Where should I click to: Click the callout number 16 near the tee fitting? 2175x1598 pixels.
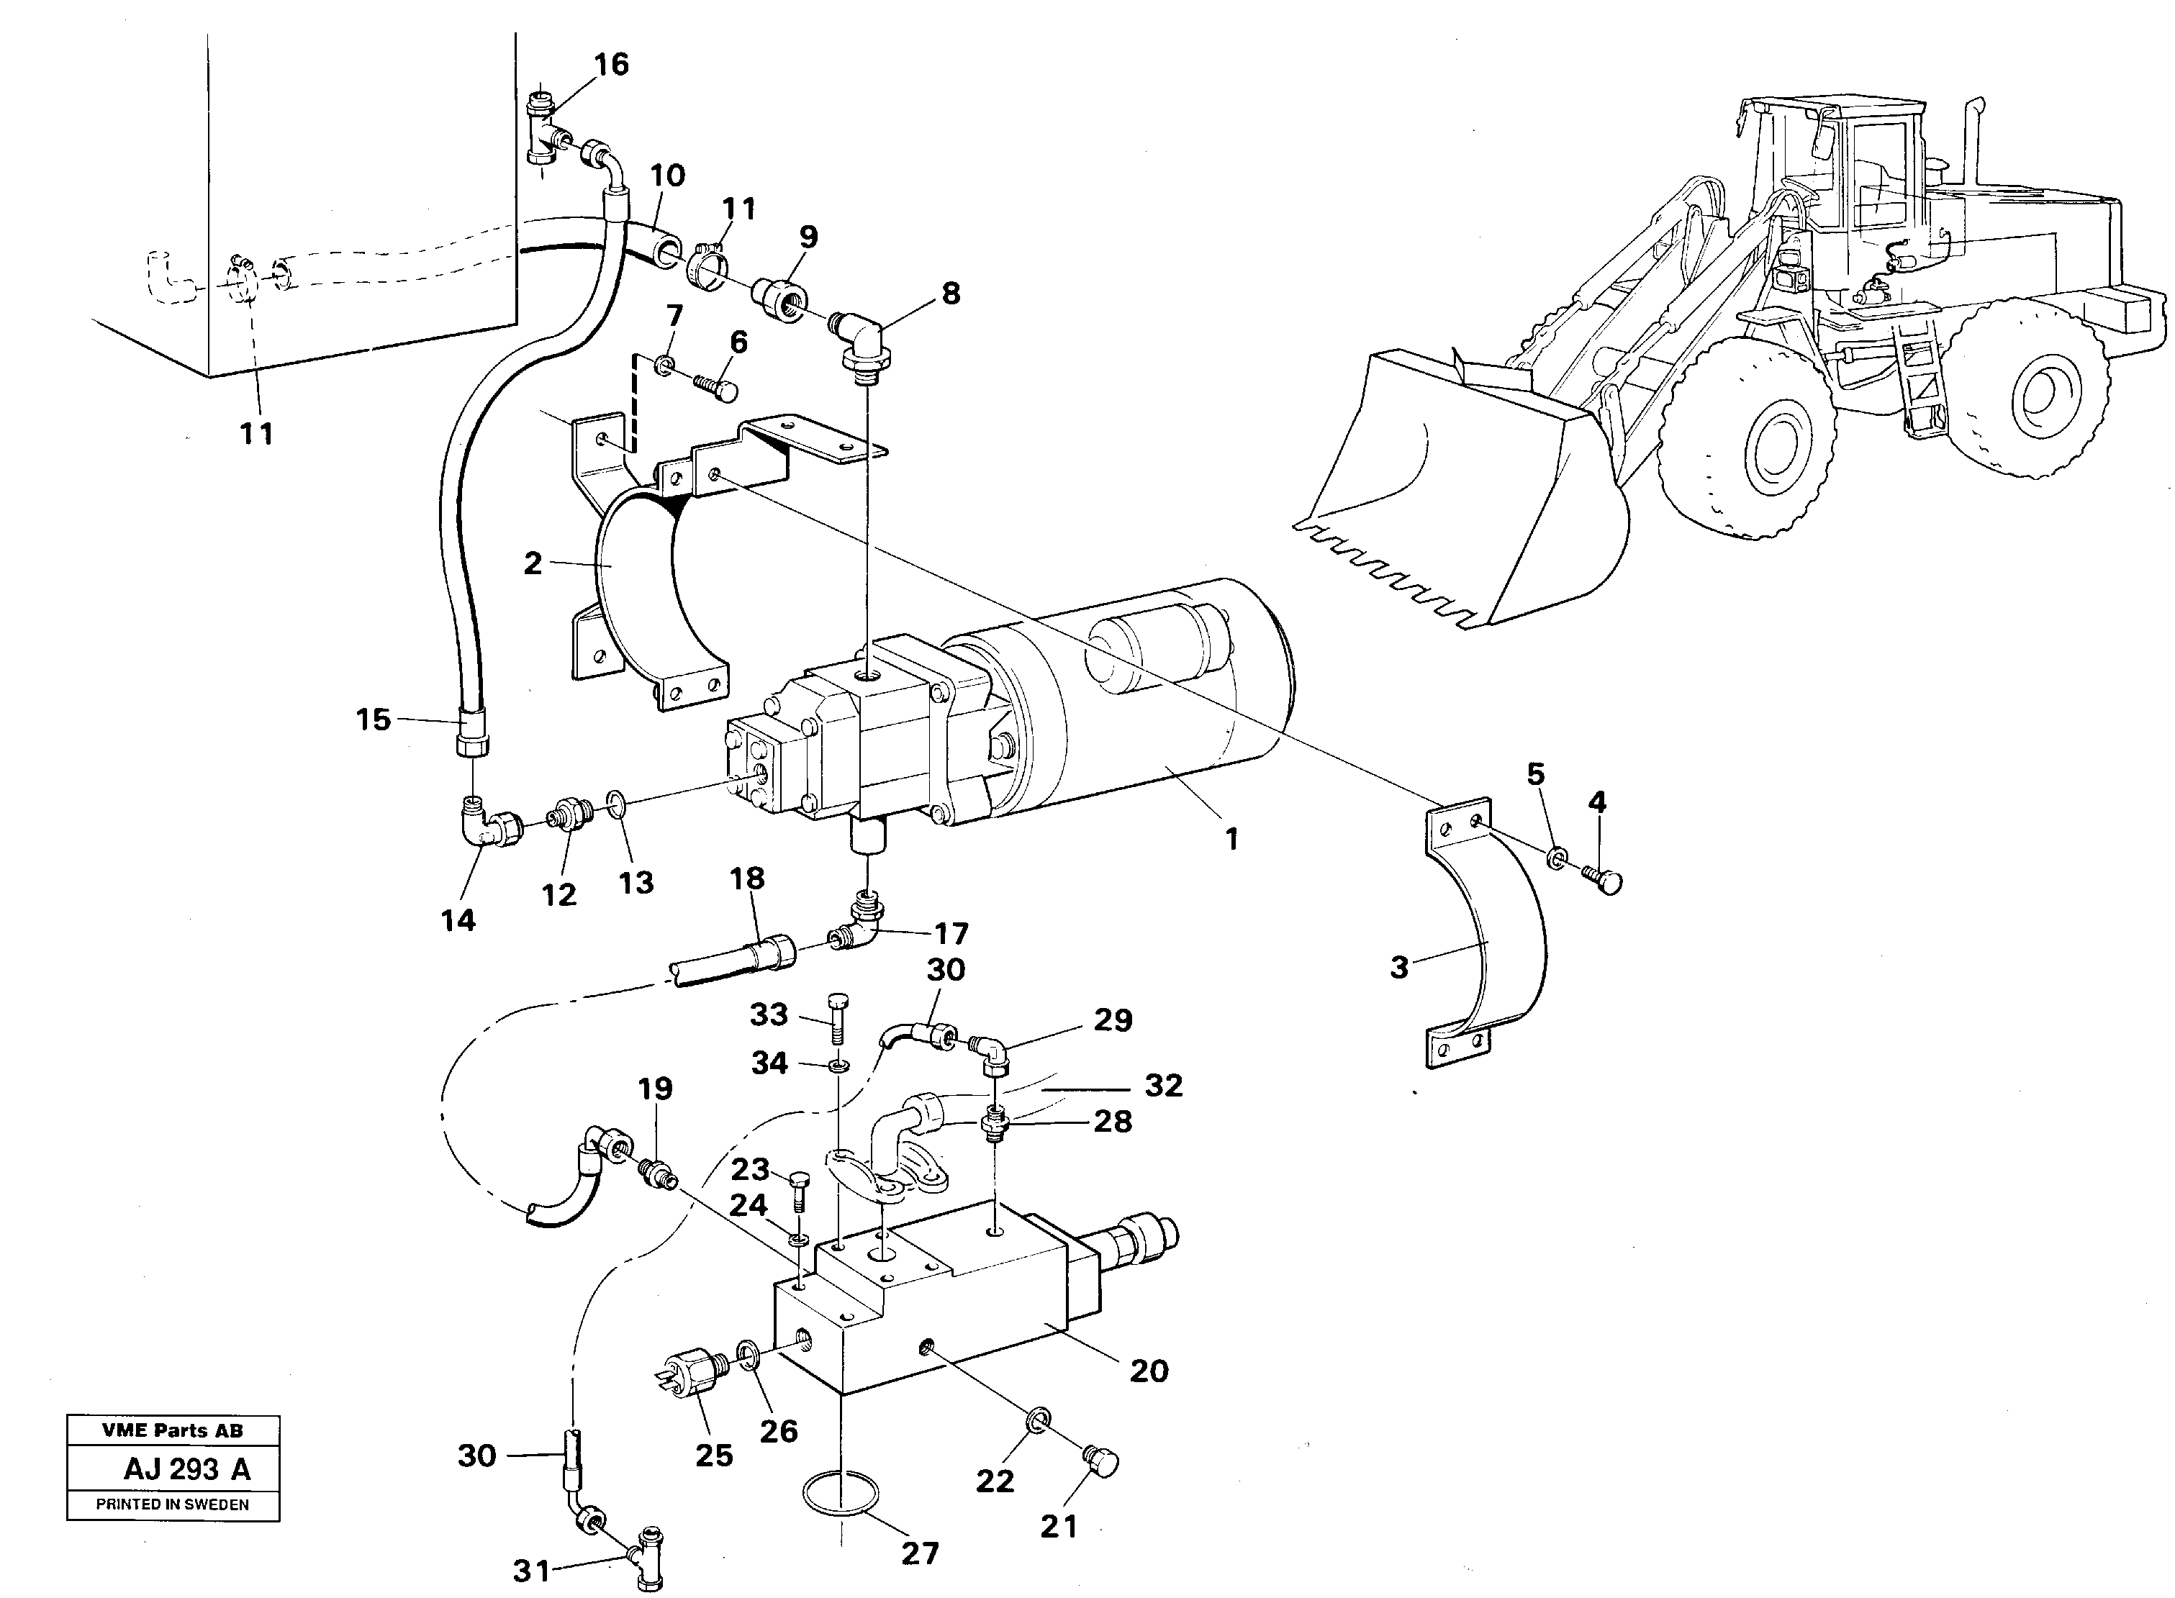(610, 65)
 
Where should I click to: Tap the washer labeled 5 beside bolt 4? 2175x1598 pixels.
(1556, 857)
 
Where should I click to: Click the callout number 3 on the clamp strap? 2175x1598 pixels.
(1399, 966)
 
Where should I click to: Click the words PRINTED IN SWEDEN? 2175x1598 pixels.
(172, 1505)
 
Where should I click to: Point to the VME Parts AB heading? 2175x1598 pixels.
(172, 1430)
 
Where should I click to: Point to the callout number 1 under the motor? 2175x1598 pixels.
(1231, 840)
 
